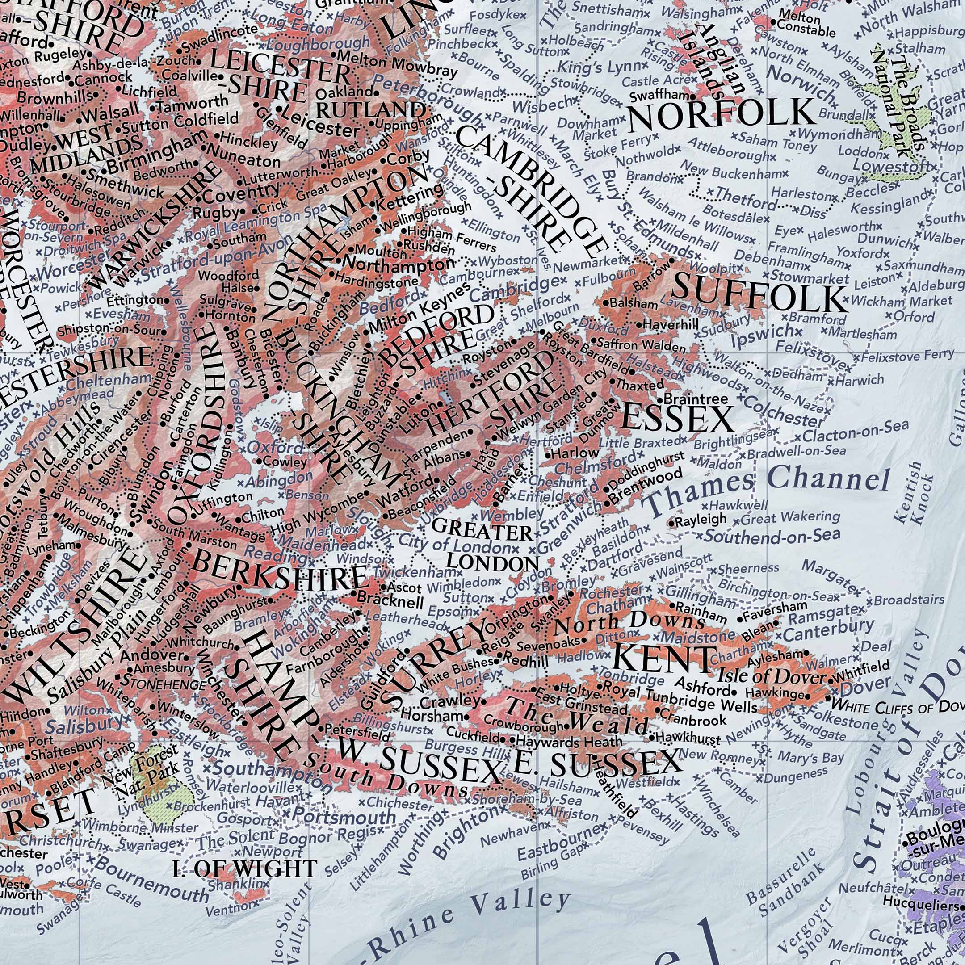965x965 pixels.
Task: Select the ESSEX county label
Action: tap(677, 419)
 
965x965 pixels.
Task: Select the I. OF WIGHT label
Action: tap(244, 869)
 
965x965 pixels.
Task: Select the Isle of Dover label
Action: tap(771, 676)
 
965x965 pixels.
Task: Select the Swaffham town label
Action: tap(660, 96)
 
